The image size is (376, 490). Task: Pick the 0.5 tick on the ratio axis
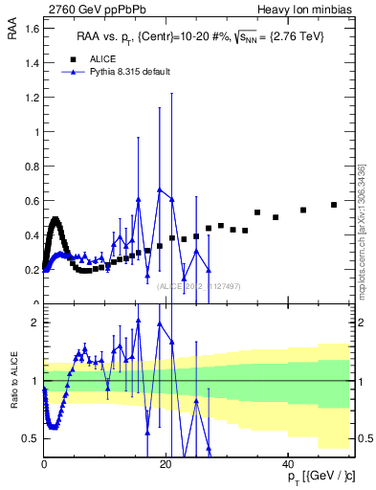[31, 438]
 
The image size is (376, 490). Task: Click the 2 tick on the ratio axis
[34, 323]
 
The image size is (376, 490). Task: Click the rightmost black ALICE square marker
[334, 205]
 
